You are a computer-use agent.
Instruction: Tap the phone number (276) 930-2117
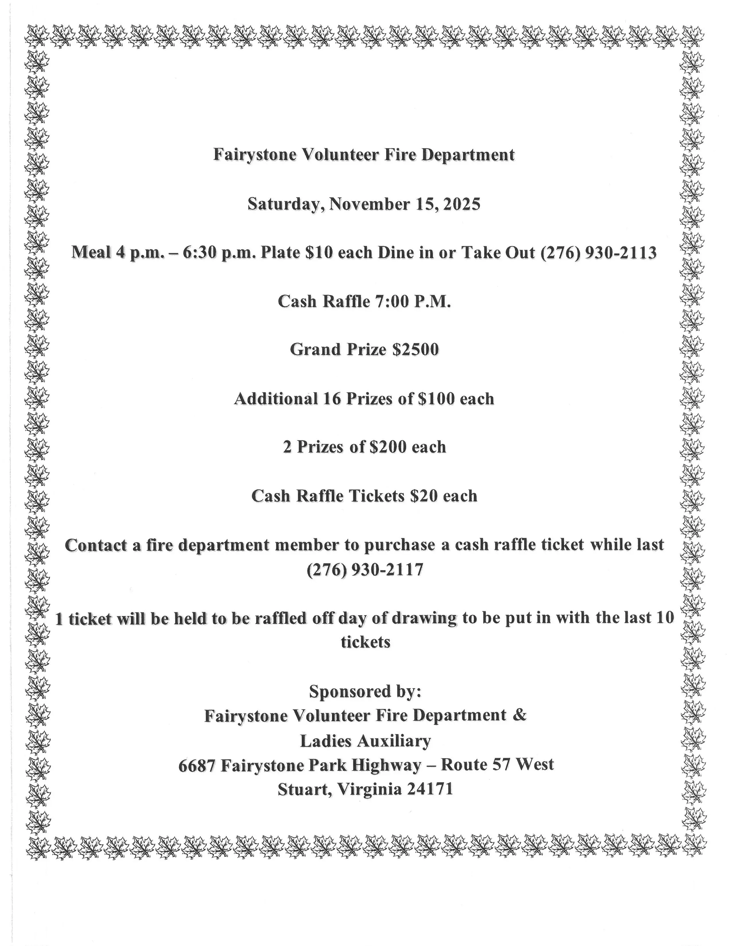365,569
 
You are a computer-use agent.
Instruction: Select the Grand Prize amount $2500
415,349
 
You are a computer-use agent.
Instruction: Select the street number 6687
197,765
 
